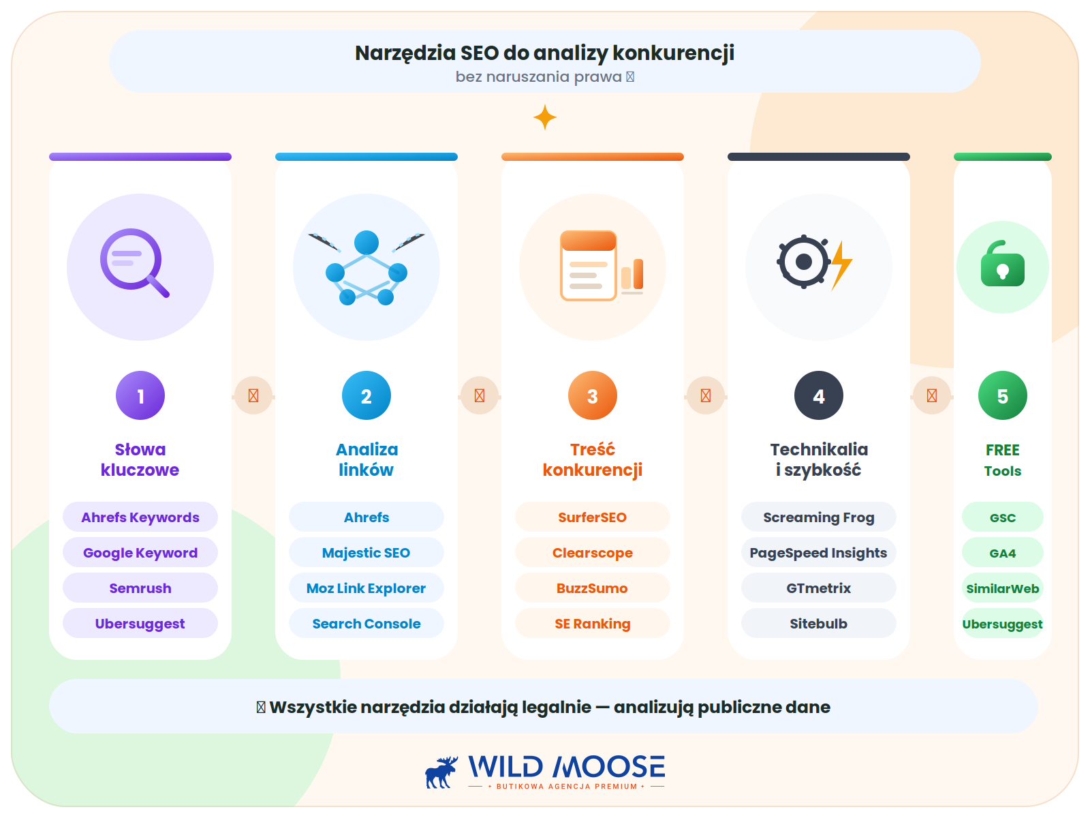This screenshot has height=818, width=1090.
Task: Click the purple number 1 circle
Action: pyautogui.click(x=140, y=395)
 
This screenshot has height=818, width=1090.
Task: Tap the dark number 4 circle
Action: pyautogui.click(x=818, y=395)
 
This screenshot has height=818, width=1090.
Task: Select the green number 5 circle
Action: pyautogui.click(x=1002, y=395)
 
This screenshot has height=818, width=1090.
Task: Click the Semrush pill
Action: pyautogui.click(x=140, y=588)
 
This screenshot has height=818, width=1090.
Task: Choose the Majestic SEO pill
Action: pyautogui.click(x=366, y=552)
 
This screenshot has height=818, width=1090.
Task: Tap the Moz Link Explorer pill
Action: pyautogui.click(x=366, y=588)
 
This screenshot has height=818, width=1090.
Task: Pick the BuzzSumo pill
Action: pyautogui.click(x=592, y=588)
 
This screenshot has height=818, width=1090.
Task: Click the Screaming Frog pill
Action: pyautogui.click(x=818, y=517)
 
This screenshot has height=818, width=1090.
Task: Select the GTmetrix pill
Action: pyautogui.click(x=818, y=588)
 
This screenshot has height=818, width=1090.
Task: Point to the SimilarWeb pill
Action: pyautogui.click(x=1002, y=588)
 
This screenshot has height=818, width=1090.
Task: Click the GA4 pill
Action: pyautogui.click(x=1002, y=552)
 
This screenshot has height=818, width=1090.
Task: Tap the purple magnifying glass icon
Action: pyautogui.click(x=135, y=262)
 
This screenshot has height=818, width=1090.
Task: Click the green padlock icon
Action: pyautogui.click(x=1002, y=263)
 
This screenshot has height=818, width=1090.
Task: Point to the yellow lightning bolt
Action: pyautogui.click(x=841, y=264)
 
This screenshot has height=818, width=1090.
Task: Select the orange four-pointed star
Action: pyautogui.click(x=545, y=117)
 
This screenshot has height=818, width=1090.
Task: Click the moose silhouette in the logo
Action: pyautogui.click(x=441, y=772)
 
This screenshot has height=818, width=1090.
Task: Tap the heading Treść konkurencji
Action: pyautogui.click(x=592, y=459)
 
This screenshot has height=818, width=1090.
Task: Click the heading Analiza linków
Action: pyautogui.click(x=367, y=459)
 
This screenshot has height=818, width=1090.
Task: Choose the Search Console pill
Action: pyautogui.click(x=366, y=623)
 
